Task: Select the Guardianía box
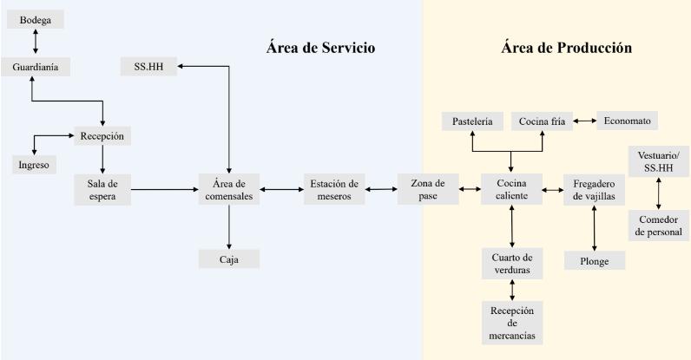(36, 67)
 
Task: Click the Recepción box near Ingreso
(102, 136)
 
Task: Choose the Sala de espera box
(102, 189)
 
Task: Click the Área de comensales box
(228, 189)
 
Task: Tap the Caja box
(228, 259)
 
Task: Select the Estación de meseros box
(334, 189)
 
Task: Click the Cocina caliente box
(512, 189)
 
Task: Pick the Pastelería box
(472, 121)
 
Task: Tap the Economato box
(626, 121)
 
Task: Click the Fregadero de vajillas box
(594, 189)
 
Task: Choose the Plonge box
(594, 259)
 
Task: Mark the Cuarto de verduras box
(512, 264)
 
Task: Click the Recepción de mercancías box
(512, 323)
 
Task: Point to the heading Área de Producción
(565, 48)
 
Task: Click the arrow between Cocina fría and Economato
(583, 121)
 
